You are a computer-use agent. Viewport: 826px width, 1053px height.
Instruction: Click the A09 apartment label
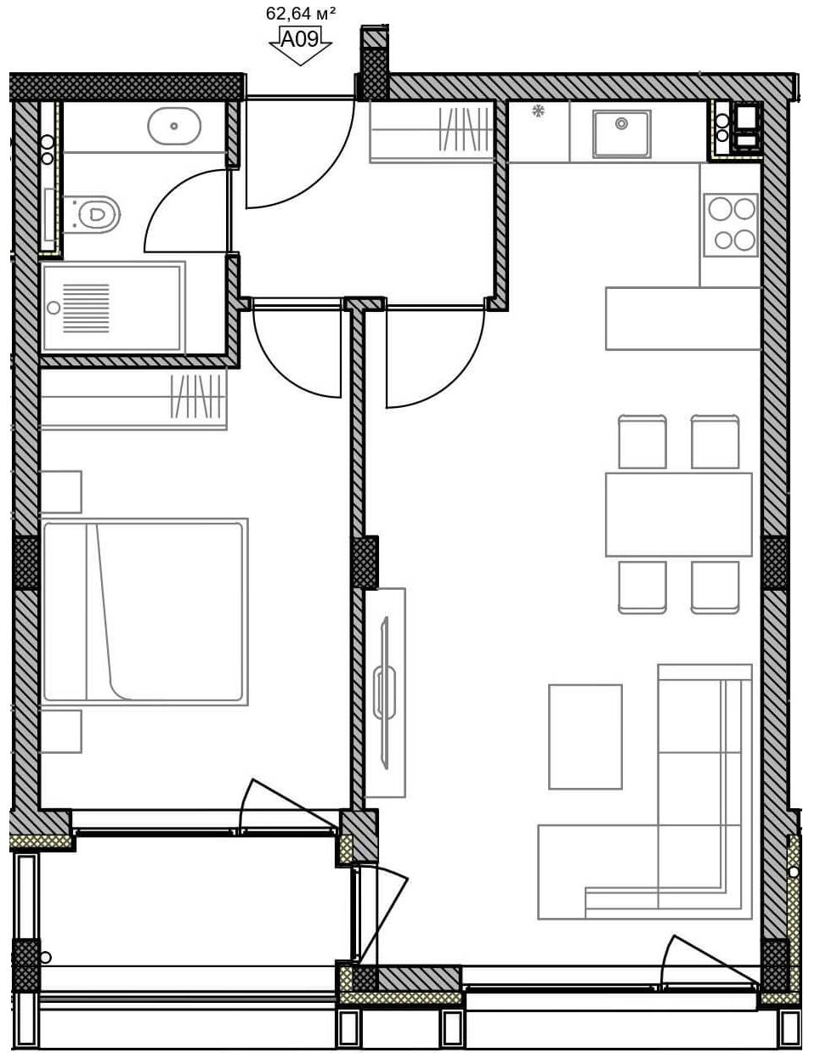pyautogui.click(x=300, y=39)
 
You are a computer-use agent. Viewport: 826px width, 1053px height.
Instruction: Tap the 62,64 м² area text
pyautogui.click(x=300, y=14)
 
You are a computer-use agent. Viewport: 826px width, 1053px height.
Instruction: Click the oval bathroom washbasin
pyautogui.click(x=174, y=126)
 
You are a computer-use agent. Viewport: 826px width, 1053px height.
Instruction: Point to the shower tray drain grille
pyautogui.click(x=86, y=309)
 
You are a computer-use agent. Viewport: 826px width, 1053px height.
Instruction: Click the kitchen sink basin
pyautogui.click(x=621, y=133)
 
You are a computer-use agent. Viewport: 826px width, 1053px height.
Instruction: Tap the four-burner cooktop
pyautogui.click(x=731, y=225)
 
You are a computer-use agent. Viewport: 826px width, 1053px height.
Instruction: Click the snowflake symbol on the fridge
pyautogui.click(x=538, y=111)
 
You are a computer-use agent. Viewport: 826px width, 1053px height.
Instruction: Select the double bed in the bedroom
pyautogui.click(x=145, y=612)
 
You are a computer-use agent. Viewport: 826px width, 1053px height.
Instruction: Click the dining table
pyautogui.click(x=679, y=514)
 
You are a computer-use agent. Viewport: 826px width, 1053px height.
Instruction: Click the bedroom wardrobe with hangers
pyautogui.click(x=133, y=399)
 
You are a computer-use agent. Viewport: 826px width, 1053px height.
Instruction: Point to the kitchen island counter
pyautogui.click(x=683, y=319)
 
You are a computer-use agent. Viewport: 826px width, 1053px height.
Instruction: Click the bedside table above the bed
pyautogui.click(x=61, y=491)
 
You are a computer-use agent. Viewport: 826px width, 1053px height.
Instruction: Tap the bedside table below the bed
pyautogui.click(x=61, y=731)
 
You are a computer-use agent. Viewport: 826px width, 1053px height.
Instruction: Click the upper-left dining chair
pyautogui.click(x=642, y=441)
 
